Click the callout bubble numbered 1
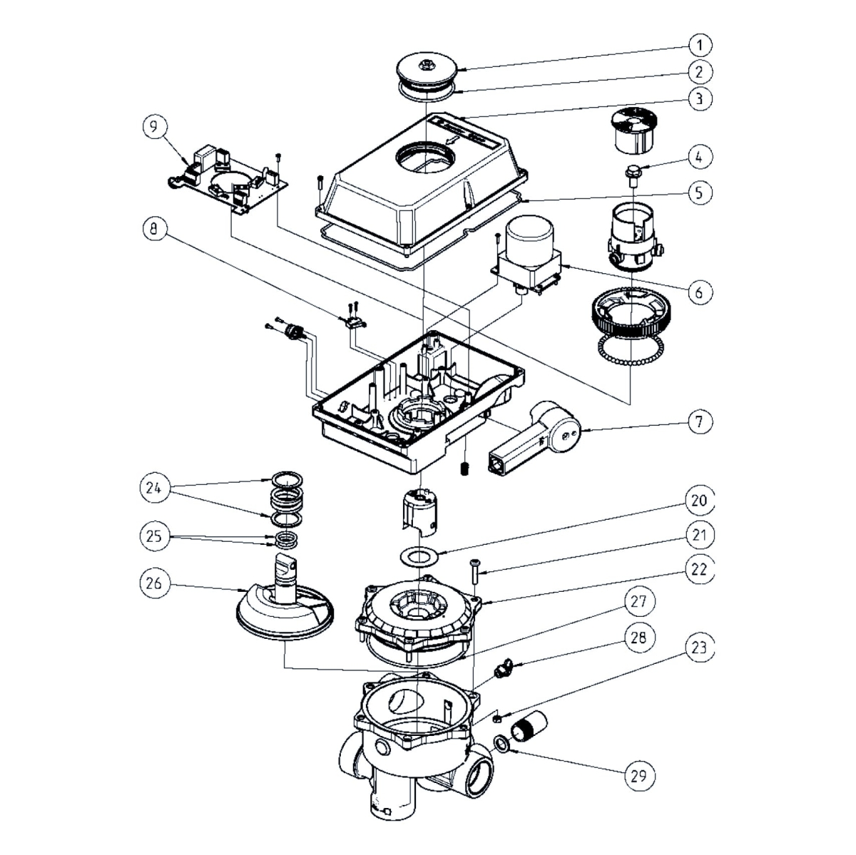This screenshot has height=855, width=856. [x=700, y=46]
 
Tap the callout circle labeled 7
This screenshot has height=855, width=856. [x=700, y=422]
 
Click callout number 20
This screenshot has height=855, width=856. [x=700, y=501]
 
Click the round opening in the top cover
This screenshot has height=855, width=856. [x=427, y=157]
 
